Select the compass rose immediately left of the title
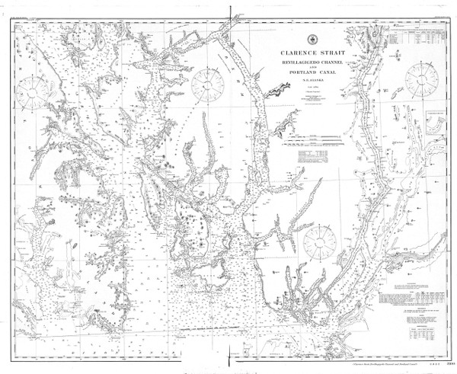pyautogui.click(x=207, y=85)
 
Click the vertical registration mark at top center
pyautogui.click(x=228, y=10)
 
